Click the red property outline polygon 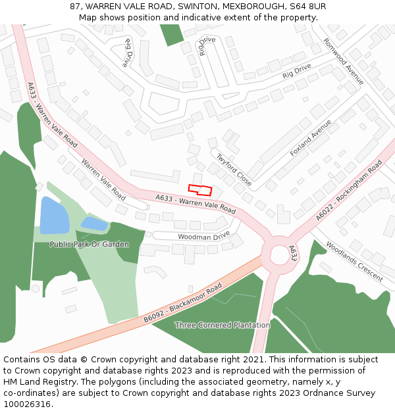(200, 190)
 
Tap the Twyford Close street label (234, 169)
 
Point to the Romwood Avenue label (343, 61)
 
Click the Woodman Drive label (204, 235)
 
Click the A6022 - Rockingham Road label (348, 191)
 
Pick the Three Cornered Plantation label (222, 325)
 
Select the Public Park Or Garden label (89, 244)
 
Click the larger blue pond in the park (53, 215)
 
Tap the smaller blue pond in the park (94, 224)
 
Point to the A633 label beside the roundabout (293, 253)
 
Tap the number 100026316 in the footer (26, 404)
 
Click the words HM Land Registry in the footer (37, 381)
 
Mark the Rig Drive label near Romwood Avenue (297, 70)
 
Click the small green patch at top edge (172, 34)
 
